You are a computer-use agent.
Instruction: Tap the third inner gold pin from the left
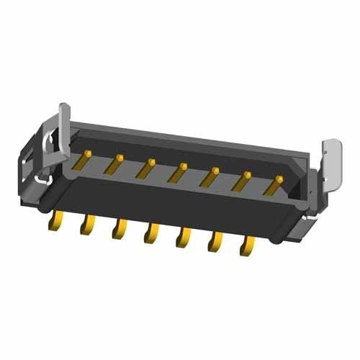[146, 168]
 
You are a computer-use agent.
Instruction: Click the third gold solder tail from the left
[119, 231]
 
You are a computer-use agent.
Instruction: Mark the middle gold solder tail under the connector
[151, 235]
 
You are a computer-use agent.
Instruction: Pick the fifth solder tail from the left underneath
[183, 240]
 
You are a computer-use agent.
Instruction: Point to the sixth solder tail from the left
[215, 244]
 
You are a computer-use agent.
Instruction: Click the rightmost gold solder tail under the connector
[246, 248]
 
